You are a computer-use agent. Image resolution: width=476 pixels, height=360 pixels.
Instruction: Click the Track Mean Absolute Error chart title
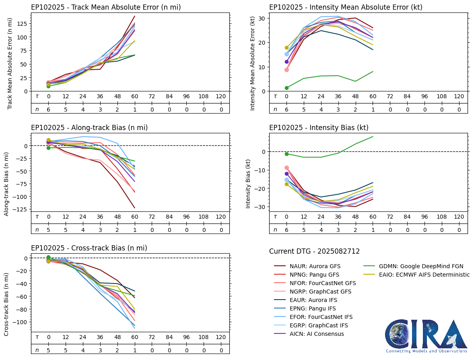(x=106, y=7)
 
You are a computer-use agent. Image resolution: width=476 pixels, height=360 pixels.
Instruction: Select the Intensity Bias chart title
(x=319, y=128)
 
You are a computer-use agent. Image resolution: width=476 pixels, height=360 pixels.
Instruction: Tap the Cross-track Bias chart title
(x=89, y=248)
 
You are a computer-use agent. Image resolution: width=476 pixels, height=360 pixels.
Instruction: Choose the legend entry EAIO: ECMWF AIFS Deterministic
(x=416, y=275)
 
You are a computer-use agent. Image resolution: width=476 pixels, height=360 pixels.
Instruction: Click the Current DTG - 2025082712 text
(x=314, y=251)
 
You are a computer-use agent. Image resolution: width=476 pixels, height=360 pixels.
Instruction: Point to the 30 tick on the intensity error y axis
(x=261, y=19)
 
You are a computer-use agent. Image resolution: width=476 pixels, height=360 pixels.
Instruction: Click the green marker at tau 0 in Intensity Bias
(x=287, y=154)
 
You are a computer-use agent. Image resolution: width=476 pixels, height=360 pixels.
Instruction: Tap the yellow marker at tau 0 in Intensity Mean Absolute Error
(x=287, y=48)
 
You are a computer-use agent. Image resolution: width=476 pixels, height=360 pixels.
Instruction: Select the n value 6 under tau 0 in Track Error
(x=49, y=109)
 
